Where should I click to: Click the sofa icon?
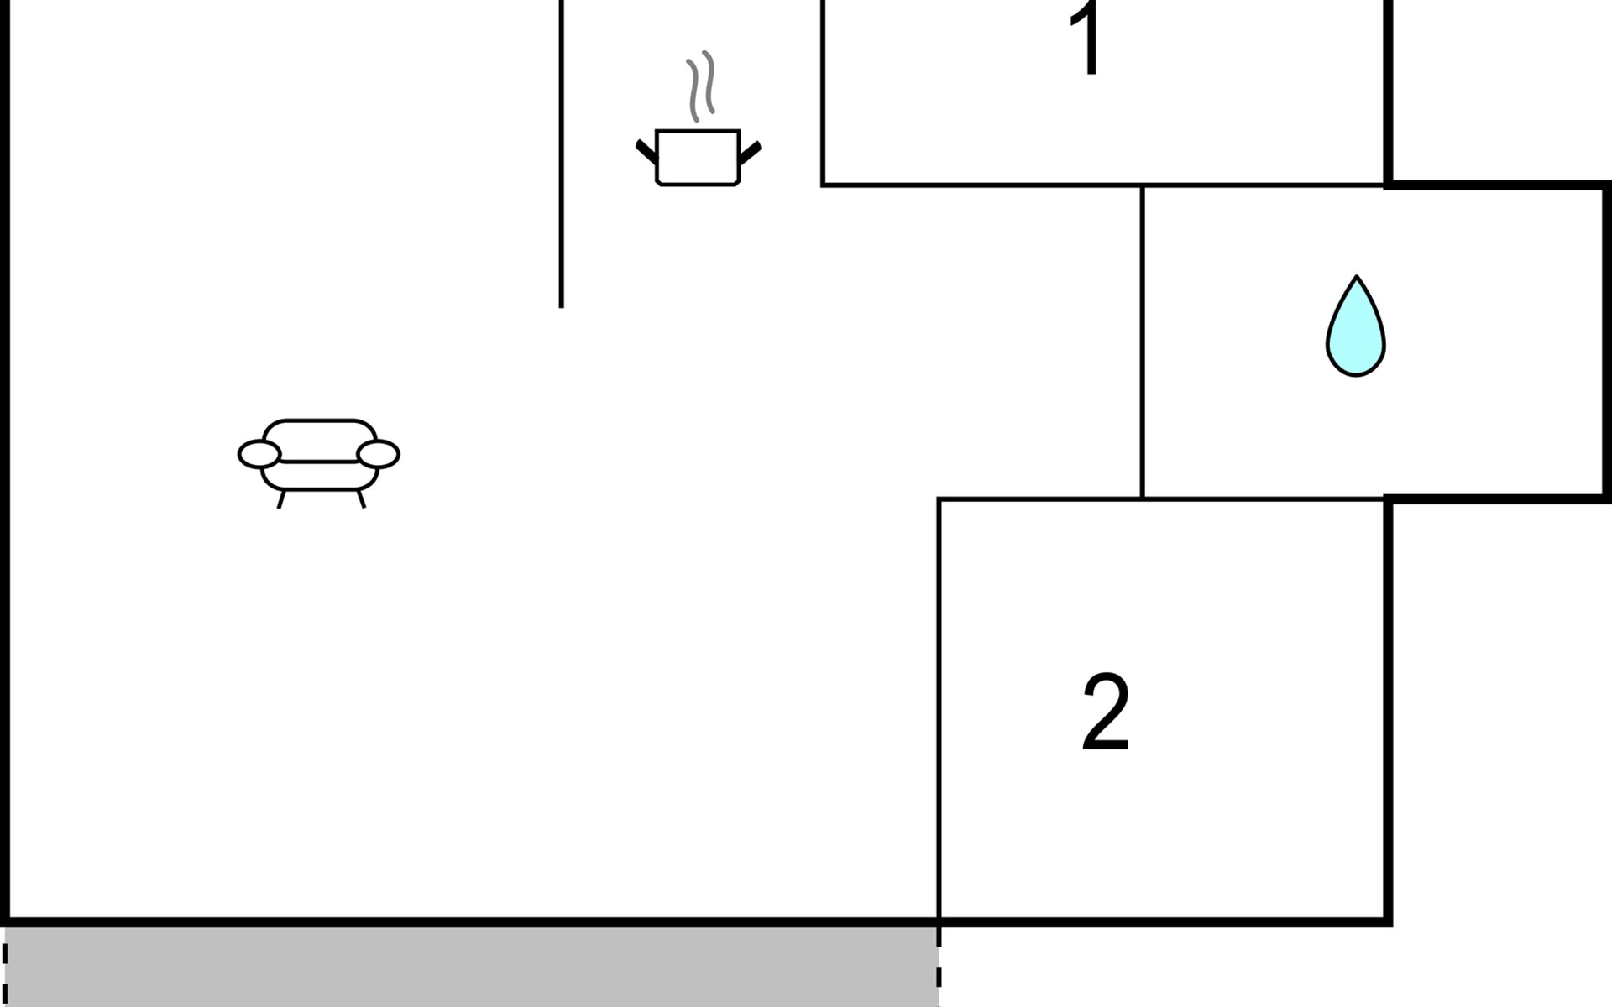coord(319,457)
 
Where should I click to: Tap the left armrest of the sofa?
coord(259,454)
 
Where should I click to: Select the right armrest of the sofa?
coord(379,454)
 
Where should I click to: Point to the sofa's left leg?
coord(281,500)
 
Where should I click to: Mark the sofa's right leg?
coord(362,499)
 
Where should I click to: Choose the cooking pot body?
coord(697,157)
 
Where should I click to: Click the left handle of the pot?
coord(646,152)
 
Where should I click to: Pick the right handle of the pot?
coord(750,153)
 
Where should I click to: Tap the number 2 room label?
coord(1105,712)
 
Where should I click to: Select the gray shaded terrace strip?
coord(470,967)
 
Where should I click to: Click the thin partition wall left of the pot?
coord(562,151)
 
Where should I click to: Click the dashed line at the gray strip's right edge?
coord(939,965)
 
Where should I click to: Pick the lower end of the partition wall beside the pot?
coord(562,304)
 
